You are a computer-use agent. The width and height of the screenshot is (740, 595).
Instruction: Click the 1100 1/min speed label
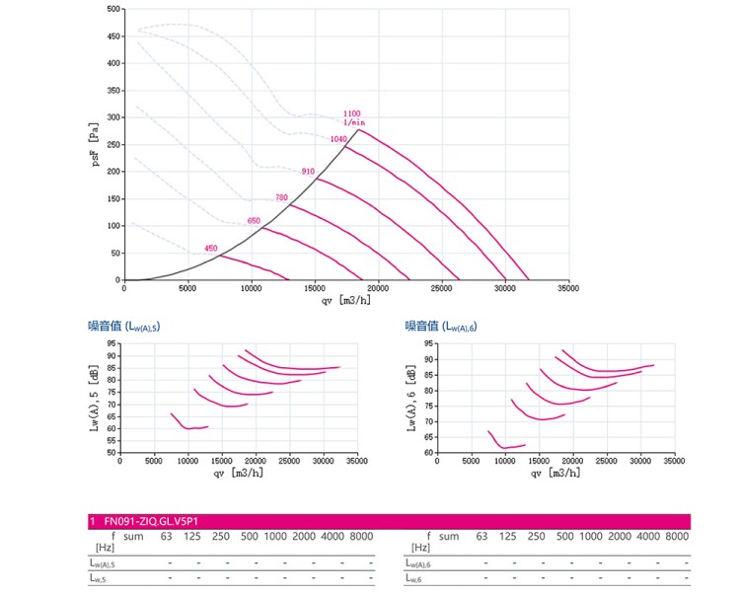point(353,117)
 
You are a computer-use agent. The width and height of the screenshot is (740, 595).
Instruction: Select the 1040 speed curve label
point(338,139)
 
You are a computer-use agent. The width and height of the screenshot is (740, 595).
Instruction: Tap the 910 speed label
point(308,172)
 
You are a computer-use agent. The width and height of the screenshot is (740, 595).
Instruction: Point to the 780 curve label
point(281,197)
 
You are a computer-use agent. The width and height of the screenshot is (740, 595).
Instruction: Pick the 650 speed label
point(254,220)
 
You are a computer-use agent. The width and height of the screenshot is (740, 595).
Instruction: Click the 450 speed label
point(210,249)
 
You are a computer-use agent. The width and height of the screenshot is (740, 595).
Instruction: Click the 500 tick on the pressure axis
point(113,9)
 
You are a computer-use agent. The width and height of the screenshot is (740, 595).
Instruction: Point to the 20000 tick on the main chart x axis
point(378,288)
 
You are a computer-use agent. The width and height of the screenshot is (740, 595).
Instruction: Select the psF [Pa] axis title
point(95,145)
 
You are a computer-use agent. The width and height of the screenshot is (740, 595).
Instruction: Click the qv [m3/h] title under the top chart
point(346,300)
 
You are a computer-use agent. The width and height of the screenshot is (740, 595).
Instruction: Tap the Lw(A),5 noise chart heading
point(124,326)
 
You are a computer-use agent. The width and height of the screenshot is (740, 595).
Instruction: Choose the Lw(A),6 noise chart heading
point(441,326)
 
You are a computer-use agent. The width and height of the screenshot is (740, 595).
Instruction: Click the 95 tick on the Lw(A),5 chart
point(111,343)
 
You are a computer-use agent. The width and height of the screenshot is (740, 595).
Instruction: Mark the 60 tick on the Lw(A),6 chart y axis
point(428,453)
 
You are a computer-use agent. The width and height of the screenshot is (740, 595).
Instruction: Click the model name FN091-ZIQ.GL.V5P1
point(151,521)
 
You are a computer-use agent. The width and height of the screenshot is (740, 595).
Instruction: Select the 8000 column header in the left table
point(361,537)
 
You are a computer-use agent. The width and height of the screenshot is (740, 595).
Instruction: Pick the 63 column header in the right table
point(481,537)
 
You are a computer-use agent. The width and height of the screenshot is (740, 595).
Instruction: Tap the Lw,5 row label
point(98,578)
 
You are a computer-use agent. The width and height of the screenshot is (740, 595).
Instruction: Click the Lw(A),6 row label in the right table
point(418,562)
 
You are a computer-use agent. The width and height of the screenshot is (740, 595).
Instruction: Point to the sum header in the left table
point(133,537)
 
